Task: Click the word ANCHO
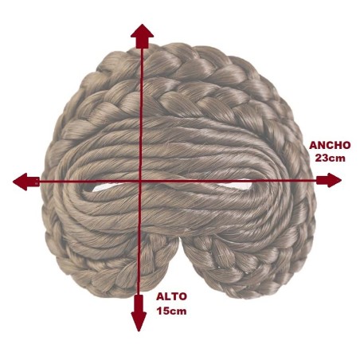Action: pyautogui.click(x=330, y=146)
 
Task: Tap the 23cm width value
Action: pyautogui.click(x=331, y=158)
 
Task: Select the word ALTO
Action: pyautogui.click(x=171, y=296)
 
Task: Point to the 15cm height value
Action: pyautogui.click(x=171, y=311)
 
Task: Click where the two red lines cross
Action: pyautogui.click(x=140, y=181)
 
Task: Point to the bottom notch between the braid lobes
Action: pyautogui.click(x=181, y=241)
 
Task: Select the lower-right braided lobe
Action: pyautogui.click(x=247, y=268)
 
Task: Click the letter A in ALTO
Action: pyautogui.click(x=160, y=296)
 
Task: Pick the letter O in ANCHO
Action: pyautogui.click(x=346, y=146)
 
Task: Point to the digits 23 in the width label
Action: pyautogui.click(x=323, y=158)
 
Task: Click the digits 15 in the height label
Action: pyautogui.click(x=163, y=311)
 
